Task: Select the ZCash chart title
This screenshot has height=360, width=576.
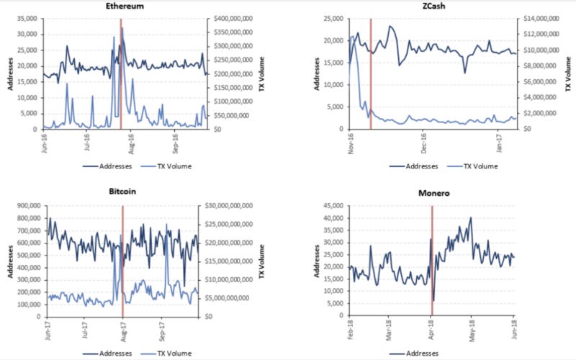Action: point(432,5)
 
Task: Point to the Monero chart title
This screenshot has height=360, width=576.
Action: point(432,194)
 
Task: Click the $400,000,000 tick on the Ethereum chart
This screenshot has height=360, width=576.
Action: point(232,19)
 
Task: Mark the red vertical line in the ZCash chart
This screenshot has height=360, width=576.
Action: point(370,72)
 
